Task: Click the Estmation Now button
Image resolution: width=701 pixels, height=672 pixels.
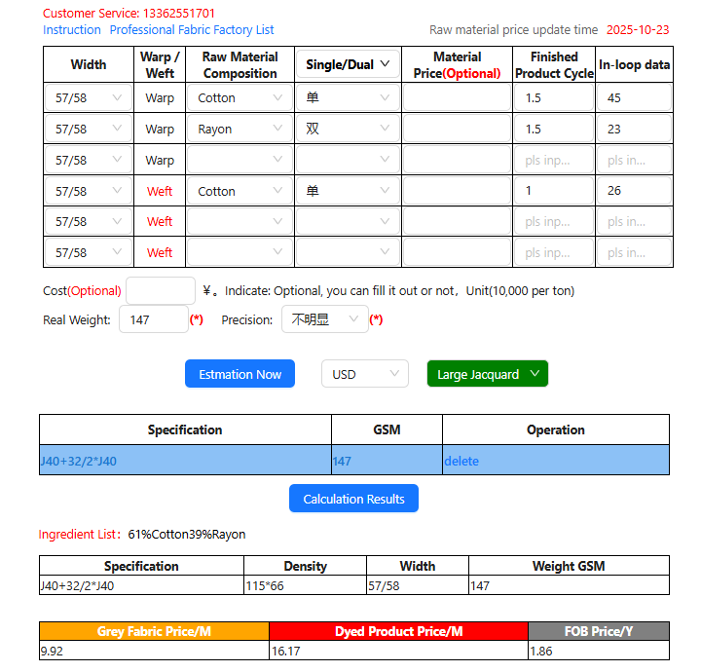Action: pos(240,374)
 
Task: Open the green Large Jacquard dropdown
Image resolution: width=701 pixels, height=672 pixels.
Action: pos(487,374)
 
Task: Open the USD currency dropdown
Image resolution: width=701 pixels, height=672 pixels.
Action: pos(365,374)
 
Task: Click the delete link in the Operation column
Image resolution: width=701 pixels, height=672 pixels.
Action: pos(461,461)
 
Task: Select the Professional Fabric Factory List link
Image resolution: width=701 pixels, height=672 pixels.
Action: pos(192,30)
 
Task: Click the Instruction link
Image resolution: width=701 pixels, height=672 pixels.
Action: pos(72,30)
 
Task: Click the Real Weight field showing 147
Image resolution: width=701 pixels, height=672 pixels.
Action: pos(153,319)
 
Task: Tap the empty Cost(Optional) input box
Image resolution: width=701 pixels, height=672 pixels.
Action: pos(161,290)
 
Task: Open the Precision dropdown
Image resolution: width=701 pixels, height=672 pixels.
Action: pos(324,319)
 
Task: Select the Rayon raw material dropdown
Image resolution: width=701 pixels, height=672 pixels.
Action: pos(240,129)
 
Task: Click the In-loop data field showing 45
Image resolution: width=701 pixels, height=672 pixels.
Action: pos(634,98)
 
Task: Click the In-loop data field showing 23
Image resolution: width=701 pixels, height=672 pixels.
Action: pos(634,129)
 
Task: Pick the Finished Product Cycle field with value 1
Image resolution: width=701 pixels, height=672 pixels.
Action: pos(553,191)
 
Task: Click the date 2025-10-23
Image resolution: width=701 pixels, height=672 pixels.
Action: pos(638,30)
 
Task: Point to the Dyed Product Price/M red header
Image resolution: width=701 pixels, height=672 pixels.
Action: pos(398,631)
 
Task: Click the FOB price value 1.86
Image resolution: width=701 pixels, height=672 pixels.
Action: pos(541,651)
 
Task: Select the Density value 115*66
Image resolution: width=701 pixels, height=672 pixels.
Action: pos(264,585)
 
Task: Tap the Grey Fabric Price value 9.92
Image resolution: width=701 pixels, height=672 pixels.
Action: pos(52,651)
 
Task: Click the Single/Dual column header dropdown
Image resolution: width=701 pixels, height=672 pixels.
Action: pos(348,64)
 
